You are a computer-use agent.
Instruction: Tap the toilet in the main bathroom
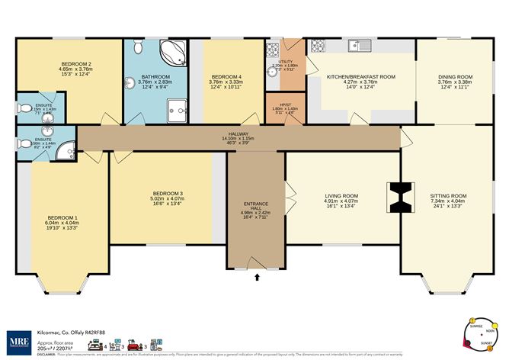(137, 48)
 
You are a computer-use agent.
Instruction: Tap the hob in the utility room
(271, 52)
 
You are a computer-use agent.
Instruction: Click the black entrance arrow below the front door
(257, 278)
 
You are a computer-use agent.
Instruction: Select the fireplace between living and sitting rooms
(400, 198)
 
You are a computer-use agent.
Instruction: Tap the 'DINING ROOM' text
(455, 76)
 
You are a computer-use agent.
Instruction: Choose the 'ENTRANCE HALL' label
(255, 205)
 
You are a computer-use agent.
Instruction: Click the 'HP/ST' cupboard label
(284, 104)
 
